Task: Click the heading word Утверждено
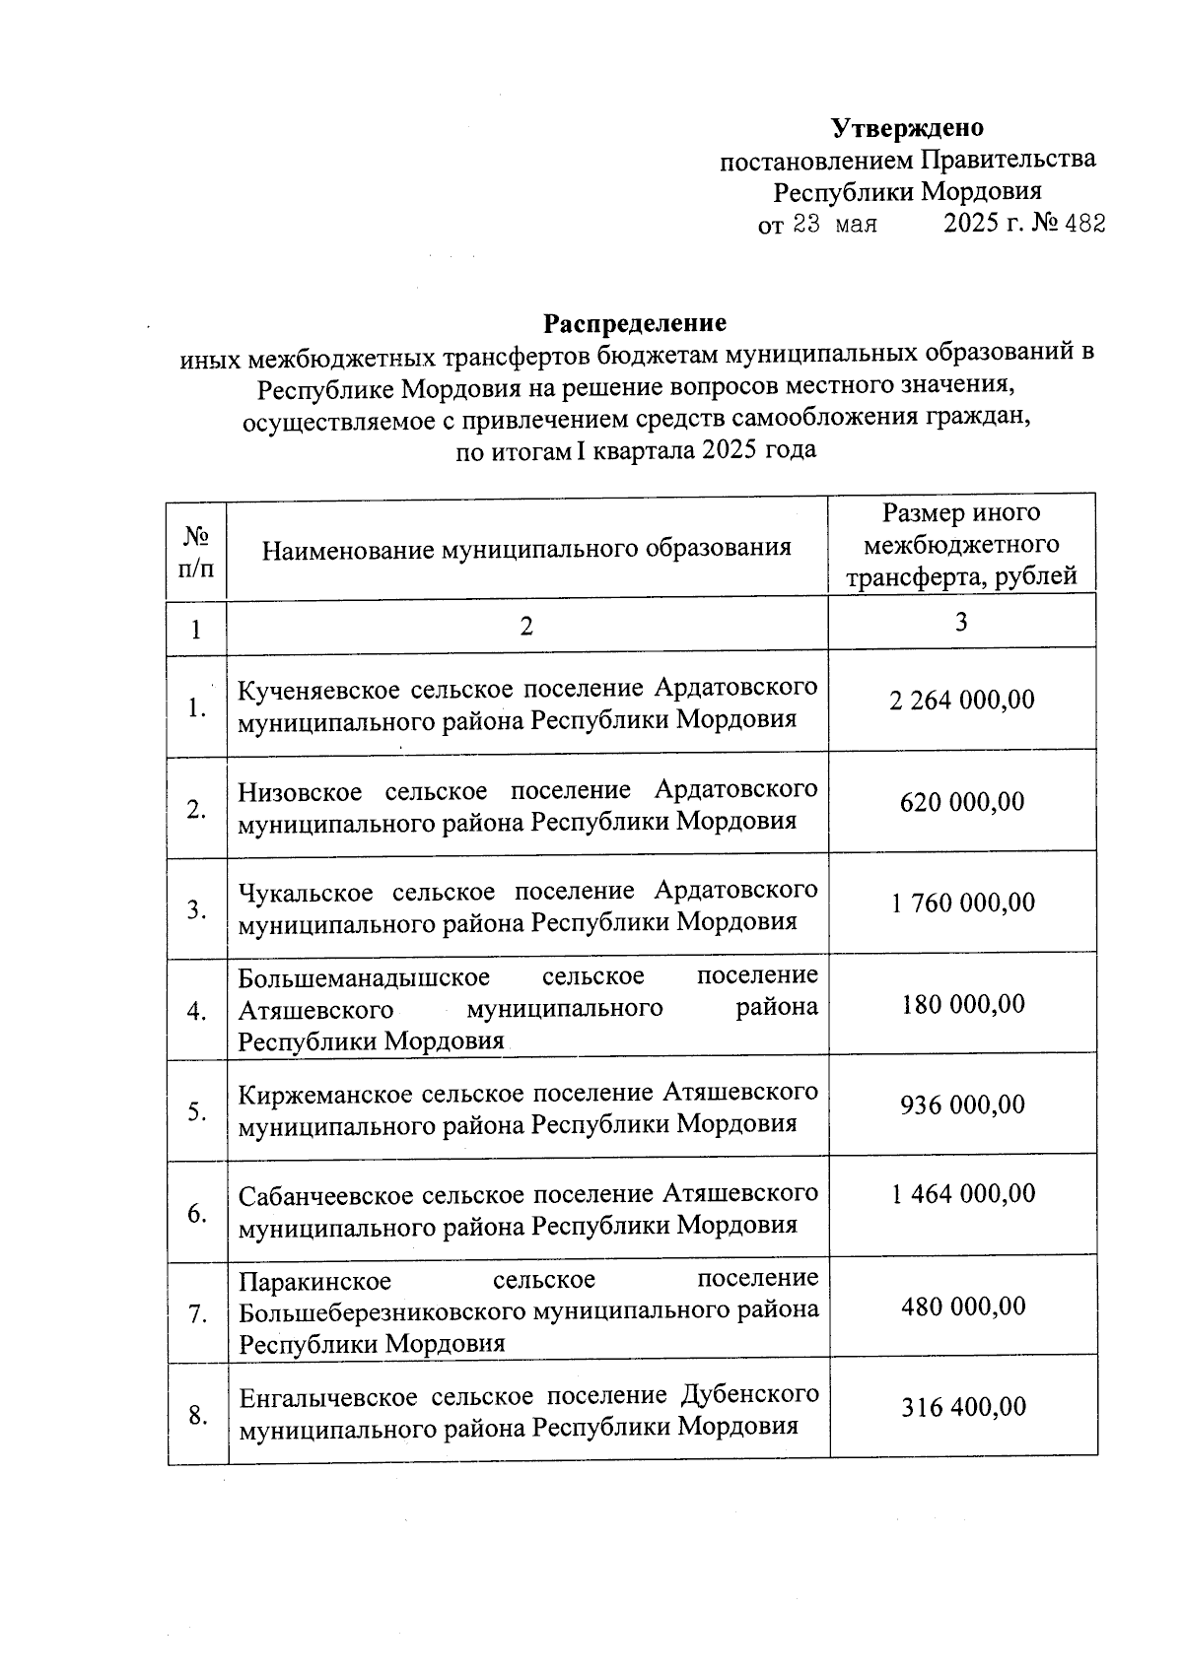click(x=907, y=128)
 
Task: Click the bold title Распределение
click(x=635, y=323)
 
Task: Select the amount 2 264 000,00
click(x=962, y=701)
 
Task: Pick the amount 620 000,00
click(x=962, y=802)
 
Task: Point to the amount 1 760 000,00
click(x=962, y=904)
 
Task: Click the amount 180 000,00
click(x=962, y=1005)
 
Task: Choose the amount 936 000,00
click(x=962, y=1105)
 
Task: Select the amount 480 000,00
click(x=962, y=1307)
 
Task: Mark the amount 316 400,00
click(x=962, y=1408)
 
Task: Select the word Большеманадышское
click(x=364, y=976)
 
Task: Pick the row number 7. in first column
click(x=197, y=1314)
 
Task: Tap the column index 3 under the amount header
click(x=961, y=622)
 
